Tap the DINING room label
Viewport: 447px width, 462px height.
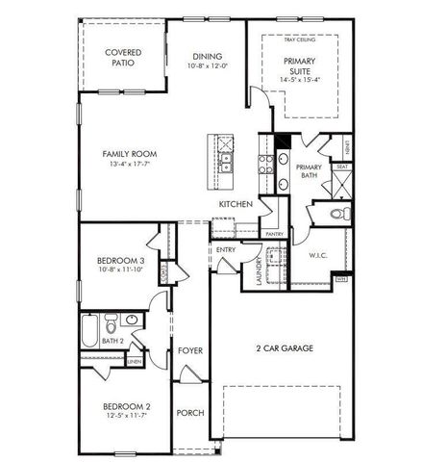tap(208, 56)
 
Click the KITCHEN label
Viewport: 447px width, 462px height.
tap(236, 204)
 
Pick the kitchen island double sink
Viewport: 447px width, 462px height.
tap(223, 163)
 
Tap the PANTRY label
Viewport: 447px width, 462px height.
tap(273, 234)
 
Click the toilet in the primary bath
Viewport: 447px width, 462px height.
tap(336, 214)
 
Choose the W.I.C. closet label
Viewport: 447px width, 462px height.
tap(319, 256)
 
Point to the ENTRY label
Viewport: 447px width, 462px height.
tap(226, 250)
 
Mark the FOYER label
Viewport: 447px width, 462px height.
tap(190, 350)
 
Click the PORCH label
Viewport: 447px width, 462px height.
tap(190, 413)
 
